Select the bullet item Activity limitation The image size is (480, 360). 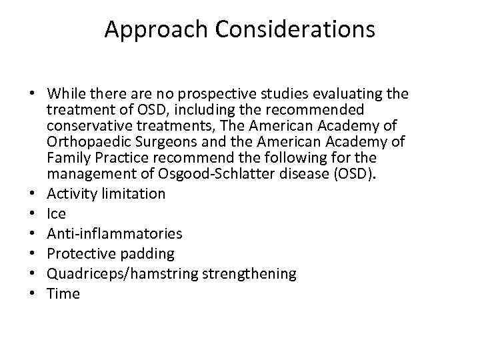(x=106, y=194)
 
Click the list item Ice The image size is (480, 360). (x=57, y=214)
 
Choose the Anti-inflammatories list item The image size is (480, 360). (x=115, y=234)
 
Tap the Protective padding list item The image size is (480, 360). (x=111, y=254)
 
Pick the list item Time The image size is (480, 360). (x=63, y=294)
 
